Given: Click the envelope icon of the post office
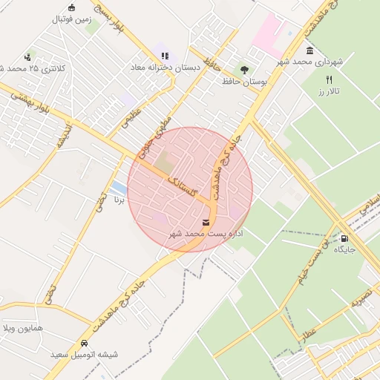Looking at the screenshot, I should [x=206, y=222].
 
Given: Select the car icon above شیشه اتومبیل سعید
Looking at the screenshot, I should [x=84, y=344].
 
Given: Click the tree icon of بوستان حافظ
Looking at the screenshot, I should [x=244, y=69].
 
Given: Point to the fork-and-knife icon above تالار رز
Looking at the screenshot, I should [x=329, y=79].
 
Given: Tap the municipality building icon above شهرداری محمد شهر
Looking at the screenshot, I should [x=309, y=50].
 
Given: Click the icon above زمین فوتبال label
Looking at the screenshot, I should [x=71, y=8].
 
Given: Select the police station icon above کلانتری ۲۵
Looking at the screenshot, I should [x=28, y=56].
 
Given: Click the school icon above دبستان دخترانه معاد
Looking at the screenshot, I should [x=164, y=55].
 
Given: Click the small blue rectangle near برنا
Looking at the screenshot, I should [x=118, y=186].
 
